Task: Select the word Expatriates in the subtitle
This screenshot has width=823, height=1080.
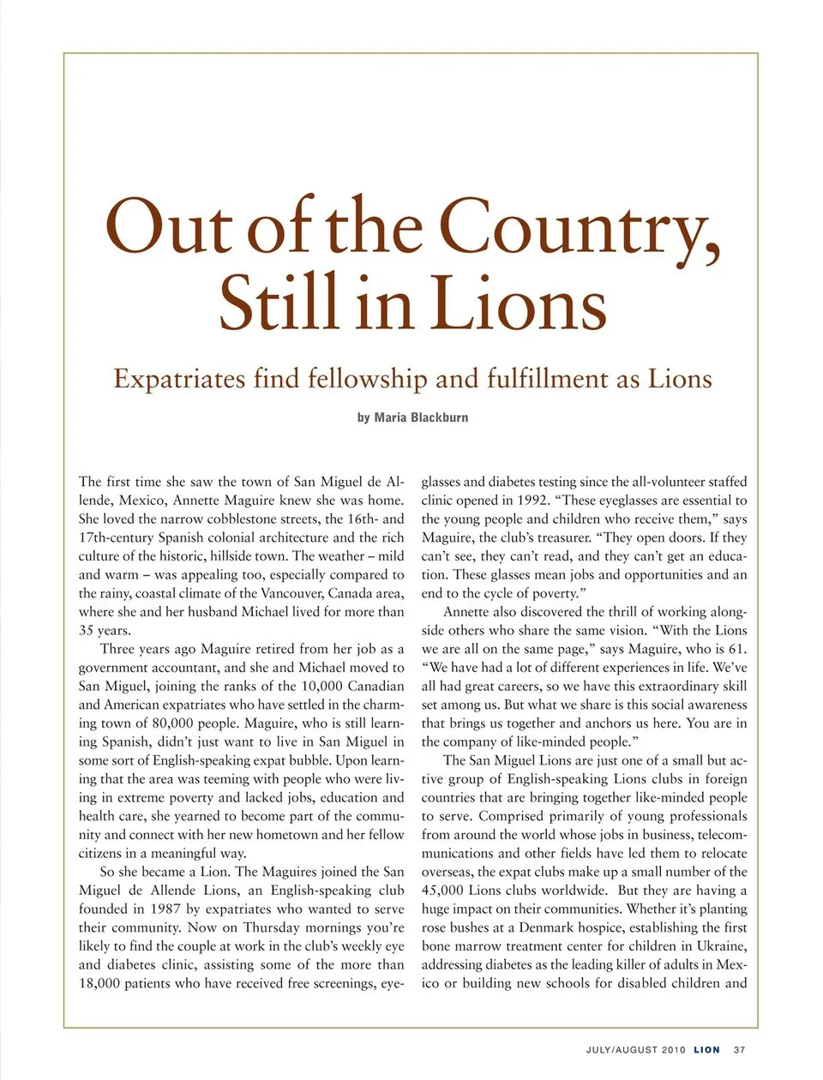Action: click(x=178, y=379)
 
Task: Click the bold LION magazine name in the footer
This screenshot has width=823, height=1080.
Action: click(x=707, y=1050)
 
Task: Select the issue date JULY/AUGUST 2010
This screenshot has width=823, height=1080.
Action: click(x=636, y=1050)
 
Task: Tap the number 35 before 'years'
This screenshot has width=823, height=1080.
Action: click(x=87, y=630)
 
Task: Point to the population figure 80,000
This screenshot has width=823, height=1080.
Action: click(x=177, y=723)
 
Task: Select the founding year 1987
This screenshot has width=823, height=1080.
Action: click(x=165, y=909)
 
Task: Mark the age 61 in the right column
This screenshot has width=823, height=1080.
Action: click(x=736, y=649)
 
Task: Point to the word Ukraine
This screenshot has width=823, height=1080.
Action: click(x=719, y=945)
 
